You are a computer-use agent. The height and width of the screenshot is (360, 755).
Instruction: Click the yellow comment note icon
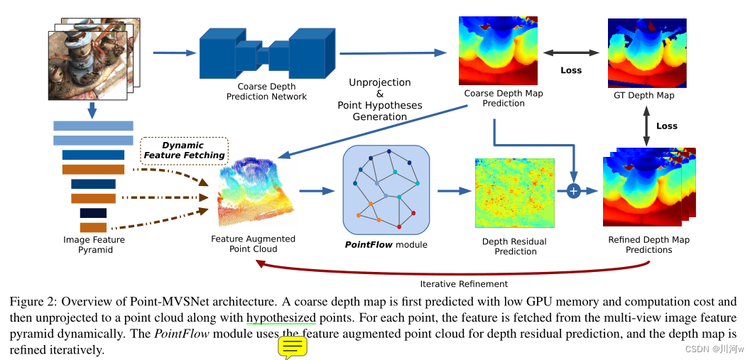(x=292, y=347)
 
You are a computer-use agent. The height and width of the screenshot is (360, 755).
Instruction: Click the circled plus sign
(x=574, y=191)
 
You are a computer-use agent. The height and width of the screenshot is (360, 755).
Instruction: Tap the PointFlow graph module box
(x=386, y=190)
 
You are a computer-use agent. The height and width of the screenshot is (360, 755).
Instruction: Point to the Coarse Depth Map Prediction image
(x=494, y=50)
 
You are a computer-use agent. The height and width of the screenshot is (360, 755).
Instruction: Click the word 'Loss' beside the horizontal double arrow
(x=570, y=70)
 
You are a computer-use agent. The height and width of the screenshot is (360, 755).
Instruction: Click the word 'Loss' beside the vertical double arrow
(x=666, y=126)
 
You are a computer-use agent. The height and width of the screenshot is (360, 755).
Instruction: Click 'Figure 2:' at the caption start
(x=31, y=302)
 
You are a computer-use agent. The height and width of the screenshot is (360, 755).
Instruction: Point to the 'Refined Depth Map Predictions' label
(x=648, y=245)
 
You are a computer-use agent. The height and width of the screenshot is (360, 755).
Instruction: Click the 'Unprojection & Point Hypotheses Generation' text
(x=379, y=99)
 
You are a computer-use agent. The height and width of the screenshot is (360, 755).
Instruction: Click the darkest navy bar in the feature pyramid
(x=93, y=213)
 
